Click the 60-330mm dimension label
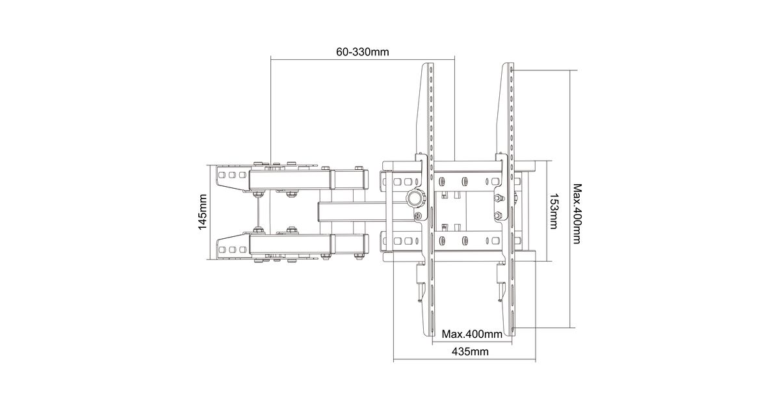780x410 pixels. [362, 52]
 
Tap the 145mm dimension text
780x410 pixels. [202, 212]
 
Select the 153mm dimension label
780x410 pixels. [554, 211]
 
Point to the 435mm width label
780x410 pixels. [470, 351]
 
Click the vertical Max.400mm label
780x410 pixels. [577, 213]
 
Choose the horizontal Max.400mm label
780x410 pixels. [472, 334]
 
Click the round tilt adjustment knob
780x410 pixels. [416, 198]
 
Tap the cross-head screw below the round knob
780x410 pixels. [418, 216]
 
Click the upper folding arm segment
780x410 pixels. [290, 180]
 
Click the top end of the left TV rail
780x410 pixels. [428, 64]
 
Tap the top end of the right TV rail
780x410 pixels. [508, 64]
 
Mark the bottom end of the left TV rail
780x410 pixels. [428, 335]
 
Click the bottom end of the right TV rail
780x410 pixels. [509, 335]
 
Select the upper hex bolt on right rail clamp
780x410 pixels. [499, 198]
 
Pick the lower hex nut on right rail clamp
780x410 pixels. [498, 215]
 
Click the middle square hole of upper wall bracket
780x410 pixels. [232, 174]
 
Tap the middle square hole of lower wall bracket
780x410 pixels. [232, 250]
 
